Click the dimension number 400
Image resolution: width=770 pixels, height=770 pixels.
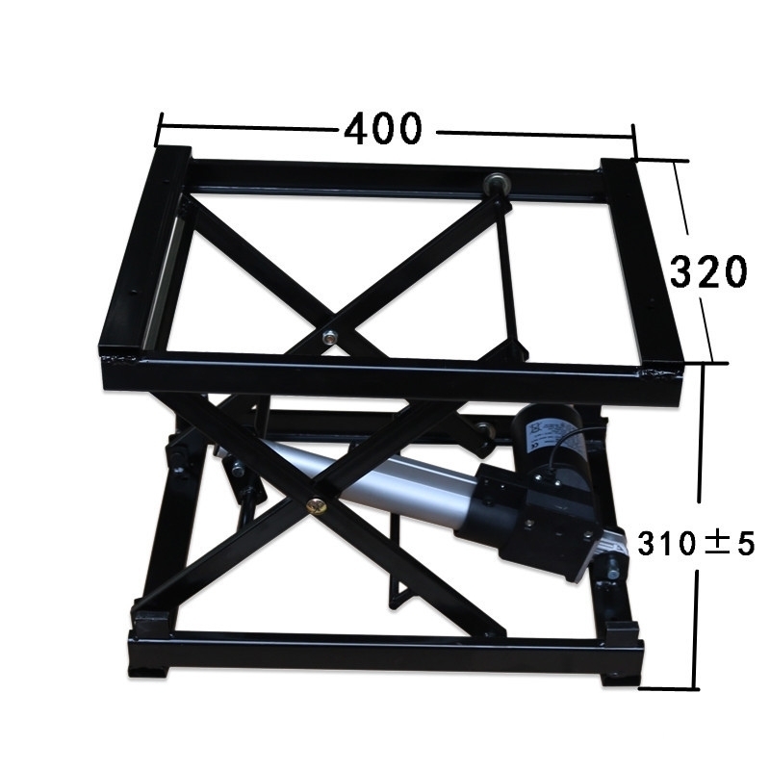(x=383, y=129)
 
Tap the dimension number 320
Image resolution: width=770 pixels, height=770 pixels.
(x=708, y=271)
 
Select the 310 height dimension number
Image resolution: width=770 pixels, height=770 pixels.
(x=666, y=544)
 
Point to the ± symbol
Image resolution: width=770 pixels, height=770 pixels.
(x=716, y=544)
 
